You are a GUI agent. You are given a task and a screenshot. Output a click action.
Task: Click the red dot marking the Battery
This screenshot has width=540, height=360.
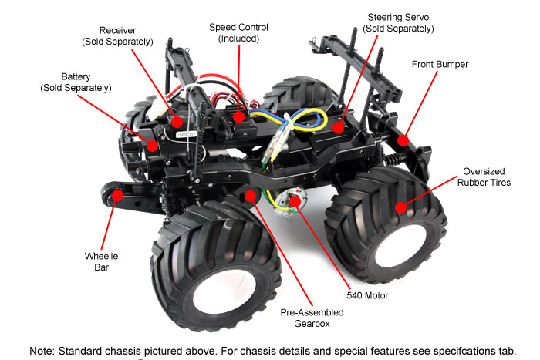(152, 144)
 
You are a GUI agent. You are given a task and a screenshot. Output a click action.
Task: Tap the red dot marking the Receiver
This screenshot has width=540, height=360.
(179, 120)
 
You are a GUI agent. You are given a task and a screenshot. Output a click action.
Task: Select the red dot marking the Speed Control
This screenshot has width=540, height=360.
(239, 118)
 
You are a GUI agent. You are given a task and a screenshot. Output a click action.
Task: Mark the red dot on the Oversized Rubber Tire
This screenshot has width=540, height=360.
(400, 207)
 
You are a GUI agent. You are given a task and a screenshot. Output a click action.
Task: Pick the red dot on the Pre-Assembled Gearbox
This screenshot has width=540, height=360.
(250, 196)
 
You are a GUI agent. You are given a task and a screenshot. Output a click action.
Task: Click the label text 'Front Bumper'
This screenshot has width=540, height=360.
(440, 64)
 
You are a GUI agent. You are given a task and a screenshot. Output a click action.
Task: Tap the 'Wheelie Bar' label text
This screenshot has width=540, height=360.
(101, 263)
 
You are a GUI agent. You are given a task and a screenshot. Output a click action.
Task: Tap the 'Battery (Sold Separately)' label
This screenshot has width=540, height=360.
(76, 82)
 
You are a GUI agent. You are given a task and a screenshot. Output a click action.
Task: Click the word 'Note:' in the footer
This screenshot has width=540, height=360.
(45, 350)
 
